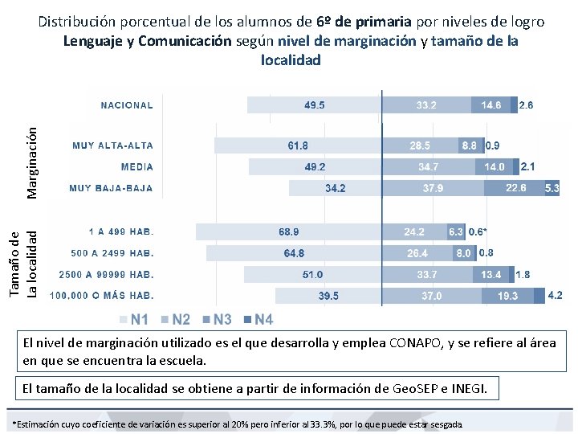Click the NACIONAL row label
pyautogui.click(x=126, y=105)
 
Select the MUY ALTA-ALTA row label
pyautogui.click(x=112, y=145)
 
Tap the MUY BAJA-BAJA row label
pyautogui.click(x=111, y=188)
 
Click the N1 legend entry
pyautogui.click(x=134, y=320)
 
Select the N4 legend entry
pyautogui.click(x=258, y=320)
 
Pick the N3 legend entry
pyautogui.click(x=217, y=320)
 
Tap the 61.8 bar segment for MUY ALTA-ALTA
pyautogui.click(x=298, y=145)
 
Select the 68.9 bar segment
pyautogui.click(x=289, y=231)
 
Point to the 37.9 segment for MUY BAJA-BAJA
pyautogui.click(x=433, y=188)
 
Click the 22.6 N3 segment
pyautogui.click(x=515, y=188)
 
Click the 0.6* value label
pyautogui.click(x=478, y=231)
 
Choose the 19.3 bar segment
pyautogui.click(x=508, y=296)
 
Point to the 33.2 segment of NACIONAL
pyautogui.click(x=426, y=105)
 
